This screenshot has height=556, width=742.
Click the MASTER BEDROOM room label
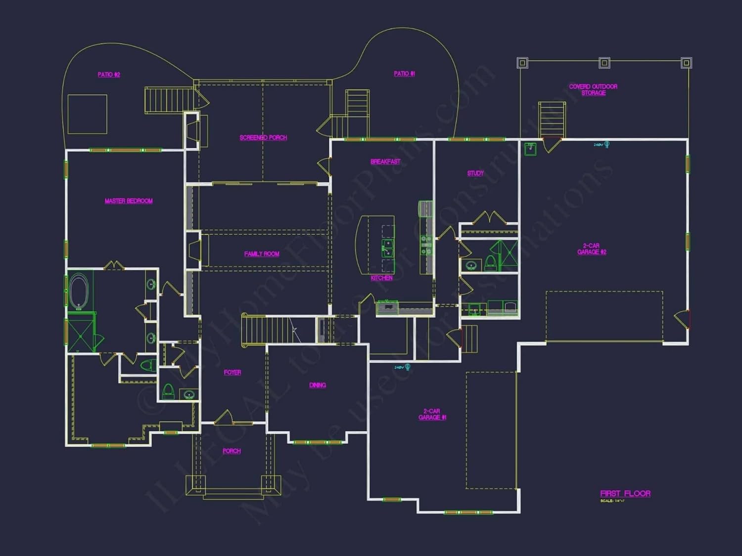tap(129, 201)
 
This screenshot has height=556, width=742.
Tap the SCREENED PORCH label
tap(263, 138)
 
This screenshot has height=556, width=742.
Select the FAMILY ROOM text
tap(262, 254)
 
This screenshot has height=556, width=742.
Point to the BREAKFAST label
tap(385, 162)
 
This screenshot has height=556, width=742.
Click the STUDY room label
tap(475, 173)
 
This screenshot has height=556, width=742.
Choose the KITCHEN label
tap(381, 278)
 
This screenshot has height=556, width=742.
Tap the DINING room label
tap(318, 385)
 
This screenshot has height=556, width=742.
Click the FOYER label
tap(232, 373)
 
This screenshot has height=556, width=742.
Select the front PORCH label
tap(232, 451)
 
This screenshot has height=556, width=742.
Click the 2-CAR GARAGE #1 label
tap(432, 415)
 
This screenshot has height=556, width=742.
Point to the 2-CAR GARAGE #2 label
tap(592, 249)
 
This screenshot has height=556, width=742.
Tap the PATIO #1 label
tap(404, 74)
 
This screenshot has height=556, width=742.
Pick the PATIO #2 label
tap(109, 75)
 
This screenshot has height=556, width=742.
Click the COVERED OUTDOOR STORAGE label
tap(593, 90)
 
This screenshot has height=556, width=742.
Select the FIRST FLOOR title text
tap(625, 494)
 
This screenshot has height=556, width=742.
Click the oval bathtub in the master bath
tap(78, 291)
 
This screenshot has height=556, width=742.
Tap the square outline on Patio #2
tap(88, 114)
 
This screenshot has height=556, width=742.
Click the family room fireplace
tap(194, 251)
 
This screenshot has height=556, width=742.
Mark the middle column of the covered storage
tap(604, 63)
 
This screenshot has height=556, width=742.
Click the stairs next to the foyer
tap(267, 330)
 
